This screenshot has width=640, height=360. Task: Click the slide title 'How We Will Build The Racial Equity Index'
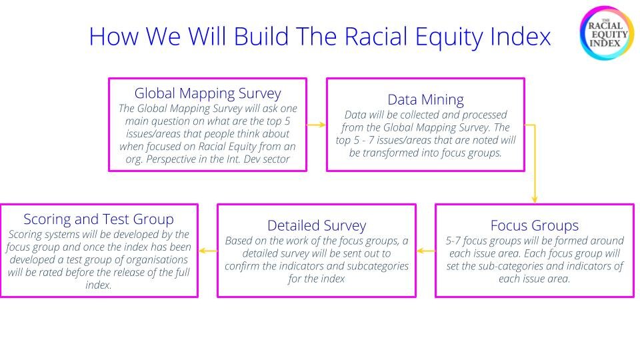click(x=320, y=36)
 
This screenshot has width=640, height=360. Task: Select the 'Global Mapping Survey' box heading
click(x=207, y=93)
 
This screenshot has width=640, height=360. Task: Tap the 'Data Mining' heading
click(x=425, y=100)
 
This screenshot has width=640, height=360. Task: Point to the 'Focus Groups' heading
click(x=534, y=225)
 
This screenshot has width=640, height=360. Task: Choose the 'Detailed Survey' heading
click(x=317, y=225)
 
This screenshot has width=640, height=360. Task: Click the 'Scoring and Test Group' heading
click(x=99, y=219)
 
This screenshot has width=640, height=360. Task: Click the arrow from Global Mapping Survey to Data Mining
click(x=316, y=125)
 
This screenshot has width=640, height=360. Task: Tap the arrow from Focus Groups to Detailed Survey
click(x=425, y=251)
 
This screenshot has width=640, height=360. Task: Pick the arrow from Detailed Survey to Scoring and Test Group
click(x=207, y=251)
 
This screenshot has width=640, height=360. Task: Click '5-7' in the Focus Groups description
click(x=455, y=241)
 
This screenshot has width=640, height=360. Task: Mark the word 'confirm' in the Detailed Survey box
click(x=244, y=266)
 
